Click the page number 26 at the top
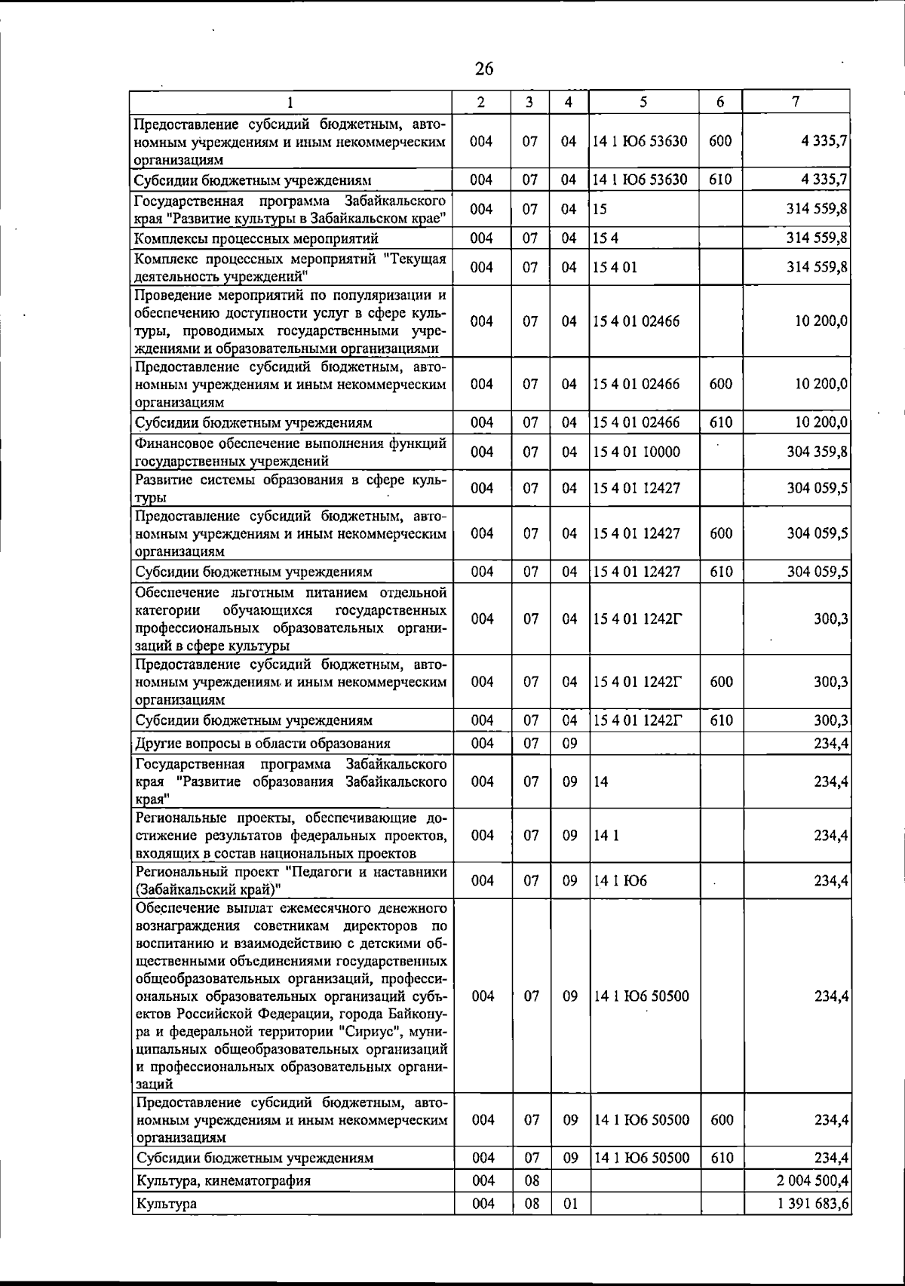coord(484,69)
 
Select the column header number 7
coord(796,101)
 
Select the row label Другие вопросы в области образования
coord(262,744)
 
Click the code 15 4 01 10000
coord(637,452)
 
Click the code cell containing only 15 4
coord(602,238)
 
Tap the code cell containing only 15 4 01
coord(615,267)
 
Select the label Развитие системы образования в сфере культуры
coord(290,488)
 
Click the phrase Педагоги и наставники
coord(370,872)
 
